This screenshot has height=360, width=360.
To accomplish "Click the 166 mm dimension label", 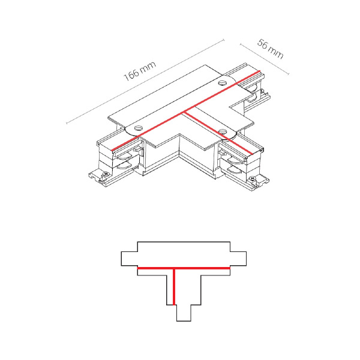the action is point(140,71).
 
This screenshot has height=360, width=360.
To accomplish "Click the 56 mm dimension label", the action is point(270,49).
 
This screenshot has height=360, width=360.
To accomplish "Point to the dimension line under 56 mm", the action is point(264,59).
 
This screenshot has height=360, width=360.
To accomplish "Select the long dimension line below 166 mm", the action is point(145,82).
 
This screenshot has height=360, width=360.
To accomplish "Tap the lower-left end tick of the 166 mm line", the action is point(67,123).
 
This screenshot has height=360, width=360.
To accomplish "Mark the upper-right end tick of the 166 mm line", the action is point(224,40).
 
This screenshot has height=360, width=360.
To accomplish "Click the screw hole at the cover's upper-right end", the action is point(222,83).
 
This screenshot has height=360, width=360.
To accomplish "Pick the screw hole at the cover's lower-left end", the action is point(139,128).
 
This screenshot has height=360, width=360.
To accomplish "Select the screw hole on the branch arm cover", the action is point(223,132).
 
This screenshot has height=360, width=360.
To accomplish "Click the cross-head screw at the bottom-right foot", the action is point(253,178).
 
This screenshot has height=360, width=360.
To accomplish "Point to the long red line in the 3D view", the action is point(186,110).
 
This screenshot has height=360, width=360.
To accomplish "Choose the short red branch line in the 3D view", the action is point(218,133).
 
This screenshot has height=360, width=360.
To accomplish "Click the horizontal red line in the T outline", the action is point(184,268).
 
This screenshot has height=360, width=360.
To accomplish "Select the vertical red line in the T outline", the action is point(174,287).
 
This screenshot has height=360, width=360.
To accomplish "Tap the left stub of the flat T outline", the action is point(129,259).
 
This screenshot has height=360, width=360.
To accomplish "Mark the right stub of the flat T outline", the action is point(238,259).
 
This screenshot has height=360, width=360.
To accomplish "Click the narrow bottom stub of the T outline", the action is point(184,313).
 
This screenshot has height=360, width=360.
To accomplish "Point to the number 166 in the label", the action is point(132,74).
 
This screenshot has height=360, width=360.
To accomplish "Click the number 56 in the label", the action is point(263,44).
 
